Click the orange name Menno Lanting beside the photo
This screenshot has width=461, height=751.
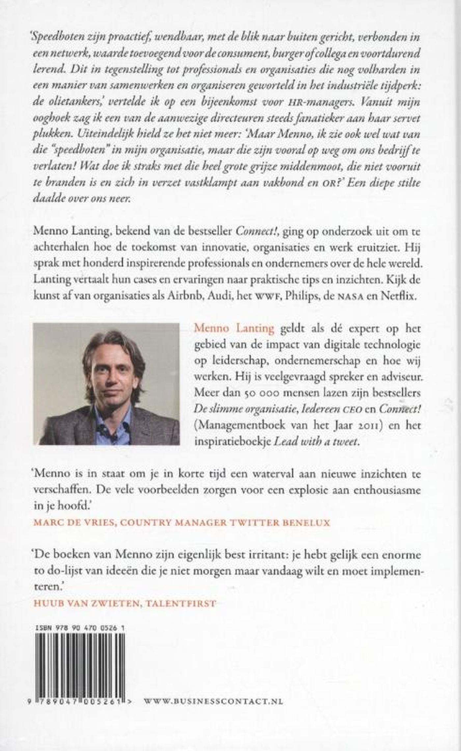click(x=234, y=328)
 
